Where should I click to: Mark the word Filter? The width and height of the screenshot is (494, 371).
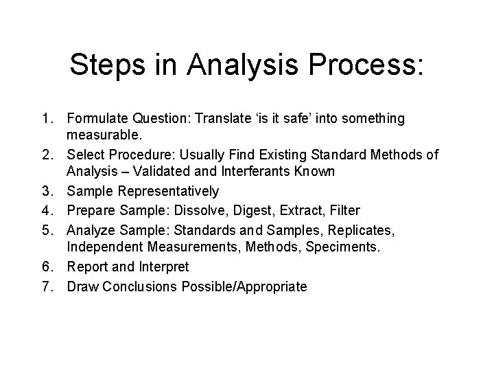click(344, 208)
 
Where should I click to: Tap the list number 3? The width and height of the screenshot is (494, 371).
click(47, 190)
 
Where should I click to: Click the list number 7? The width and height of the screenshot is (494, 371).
click(47, 286)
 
